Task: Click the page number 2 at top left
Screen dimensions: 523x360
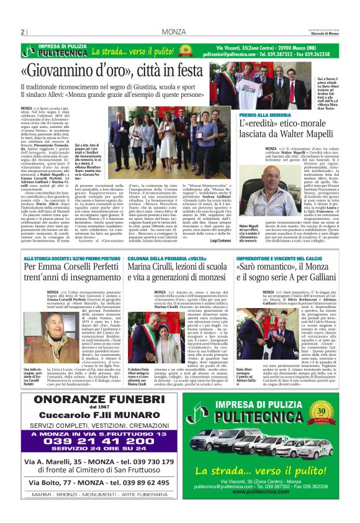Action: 23,32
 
